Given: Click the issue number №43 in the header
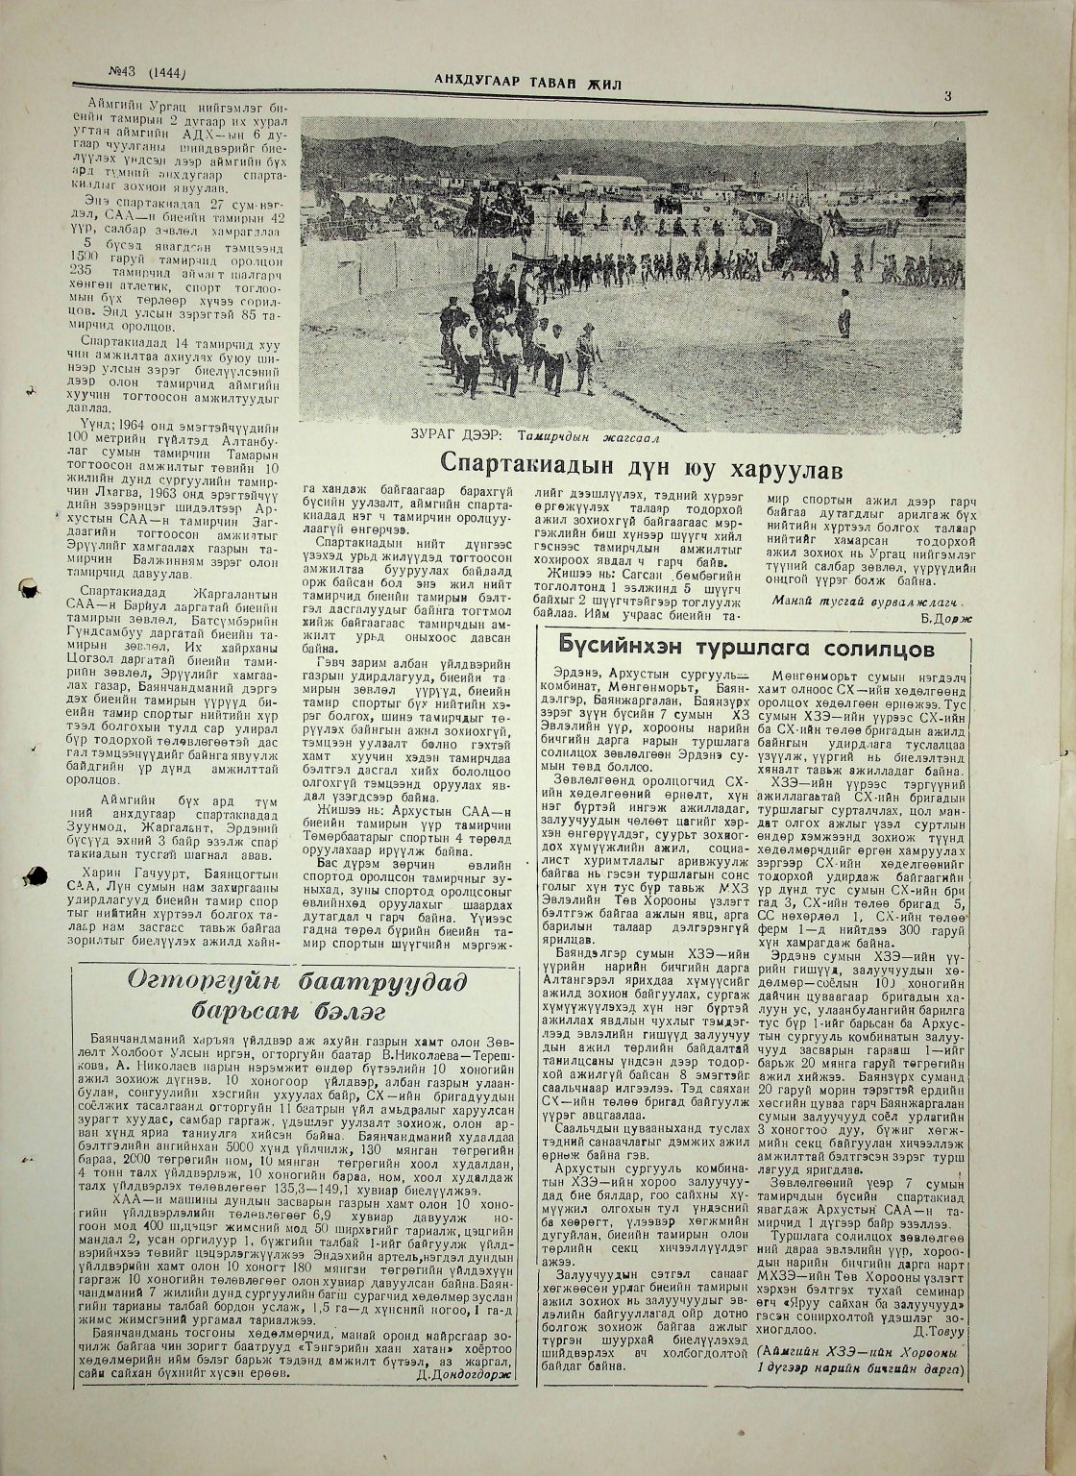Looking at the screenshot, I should click(124, 73).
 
